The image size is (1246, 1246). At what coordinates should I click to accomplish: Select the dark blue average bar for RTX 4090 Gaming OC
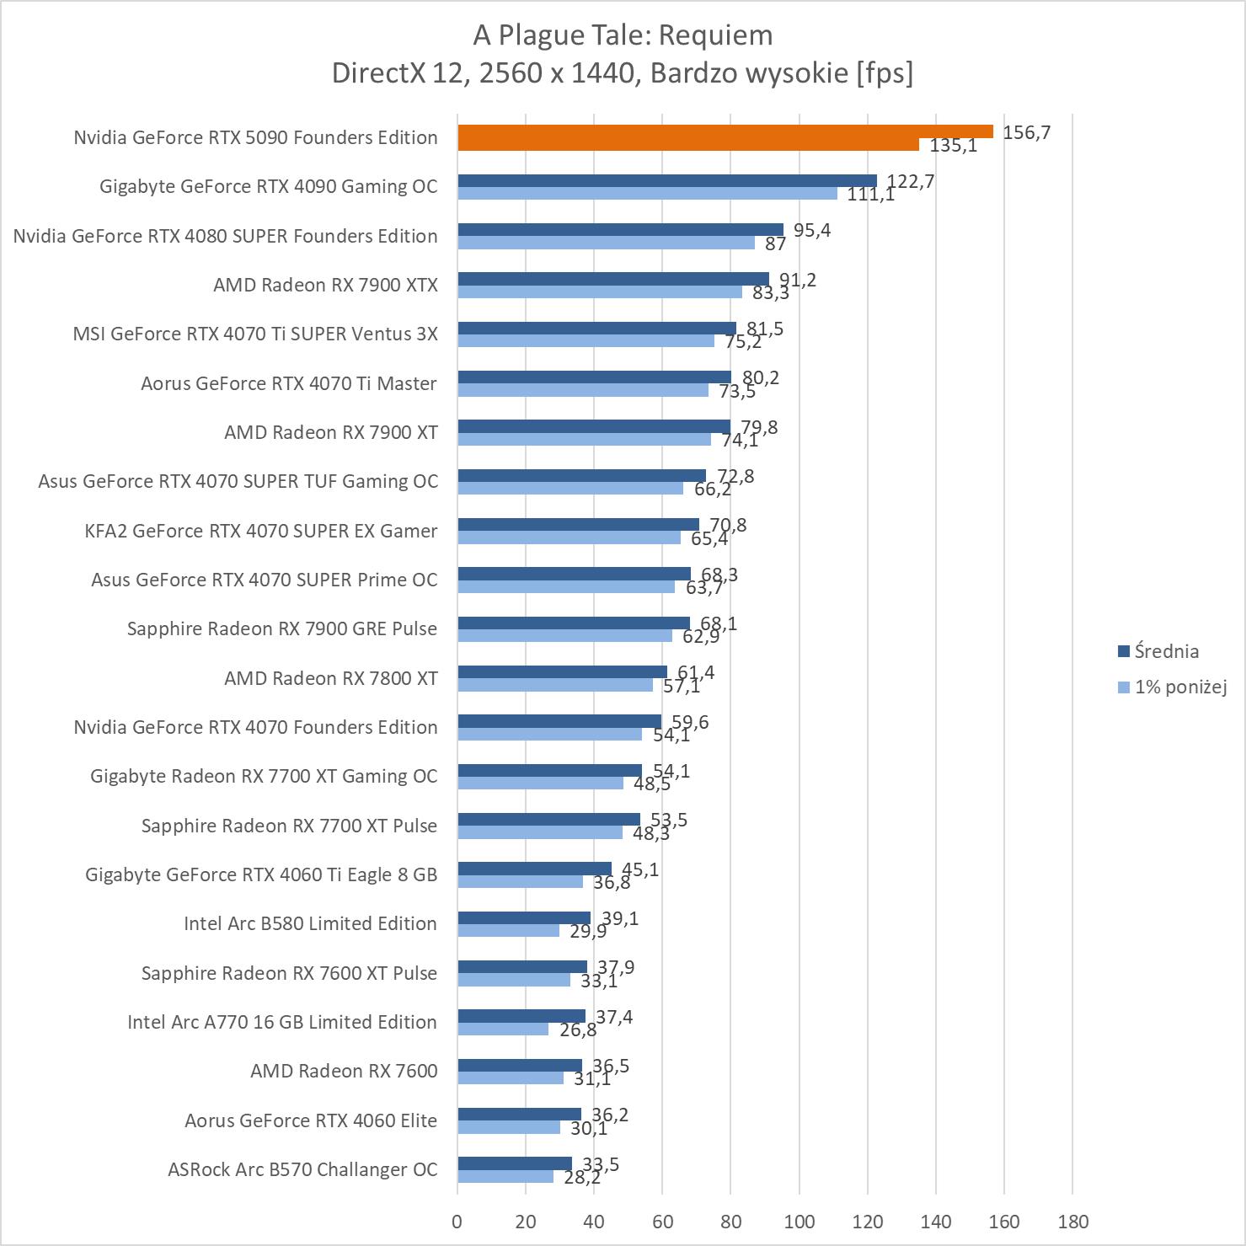click(x=667, y=180)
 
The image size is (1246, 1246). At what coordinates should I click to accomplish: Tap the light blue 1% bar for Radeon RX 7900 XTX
click(x=600, y=291)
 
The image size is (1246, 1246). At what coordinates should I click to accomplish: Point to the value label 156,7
click(x=1026, y=132)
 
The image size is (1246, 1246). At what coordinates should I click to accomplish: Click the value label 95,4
click(x=812, y=230)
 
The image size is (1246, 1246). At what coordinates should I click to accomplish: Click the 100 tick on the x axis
click(x=799, y=1222)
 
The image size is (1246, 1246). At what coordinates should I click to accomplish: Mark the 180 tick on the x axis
click(x=1072, y=1222)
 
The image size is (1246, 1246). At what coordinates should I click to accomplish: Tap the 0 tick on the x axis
click(x=457, y=1222)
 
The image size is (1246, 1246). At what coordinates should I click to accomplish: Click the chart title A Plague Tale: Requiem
click(x=623, y=35)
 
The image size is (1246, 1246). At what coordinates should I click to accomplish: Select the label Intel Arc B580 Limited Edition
click(x=310, y=923)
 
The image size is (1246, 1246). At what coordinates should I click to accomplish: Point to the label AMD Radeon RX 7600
click(x=344, y=1071)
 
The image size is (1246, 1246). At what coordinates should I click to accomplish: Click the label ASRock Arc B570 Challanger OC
click(x=302, y=1169)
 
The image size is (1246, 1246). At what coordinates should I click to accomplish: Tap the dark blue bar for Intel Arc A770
click(x=521, y=1016)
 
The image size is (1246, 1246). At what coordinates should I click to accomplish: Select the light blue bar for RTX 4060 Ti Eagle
click(x=521, y=881)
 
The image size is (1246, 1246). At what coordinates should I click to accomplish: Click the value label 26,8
click(x=578, y=1029)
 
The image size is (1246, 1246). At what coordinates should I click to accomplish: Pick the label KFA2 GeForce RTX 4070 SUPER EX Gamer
click(x=261, y=531)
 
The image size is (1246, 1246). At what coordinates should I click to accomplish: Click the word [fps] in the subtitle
click(x=885, y=73)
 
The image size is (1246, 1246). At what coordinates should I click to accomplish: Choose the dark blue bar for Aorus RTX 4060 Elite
click(x=519, y=1115)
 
